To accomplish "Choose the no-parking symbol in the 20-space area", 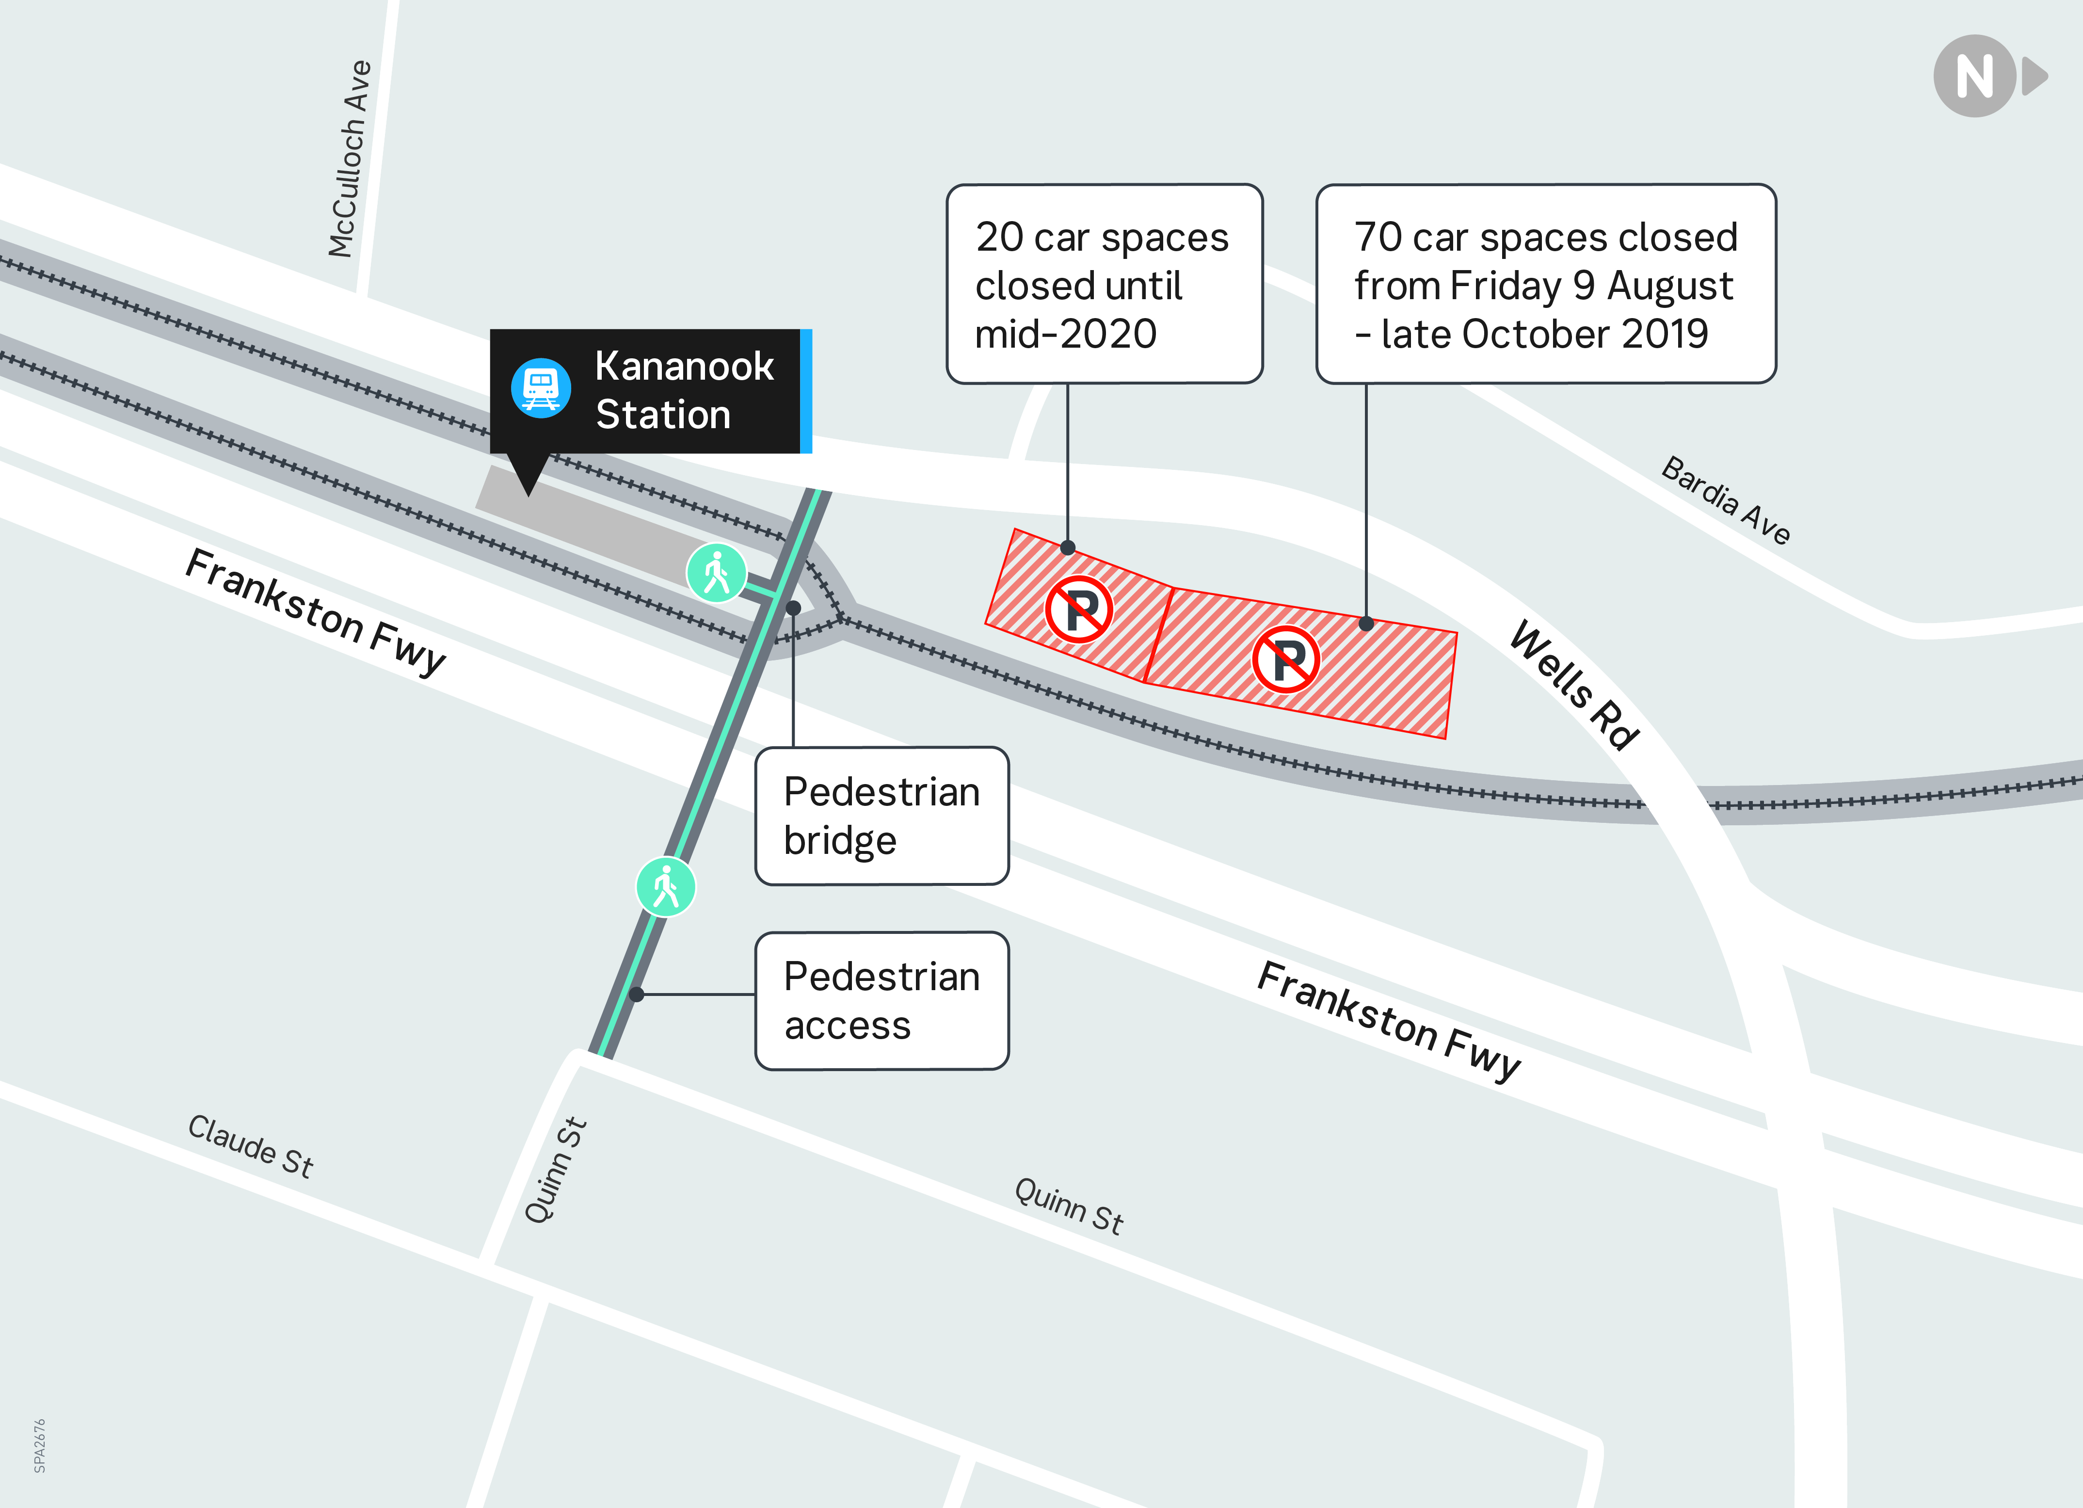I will point(1079,609).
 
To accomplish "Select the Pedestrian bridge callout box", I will point(881,816).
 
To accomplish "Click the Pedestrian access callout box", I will point(881,1001).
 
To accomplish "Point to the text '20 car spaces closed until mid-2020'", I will point(1102,285).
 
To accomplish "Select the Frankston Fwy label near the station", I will point(315,611).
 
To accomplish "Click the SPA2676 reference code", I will point(39,1445).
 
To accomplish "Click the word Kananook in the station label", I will point(684,367).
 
